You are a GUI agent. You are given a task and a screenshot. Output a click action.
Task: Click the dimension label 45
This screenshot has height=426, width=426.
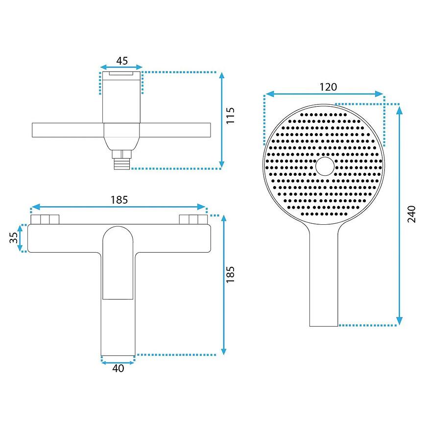(x=122, y=61)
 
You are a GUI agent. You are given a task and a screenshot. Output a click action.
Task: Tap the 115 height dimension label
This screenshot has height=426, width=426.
(x=230, y=116)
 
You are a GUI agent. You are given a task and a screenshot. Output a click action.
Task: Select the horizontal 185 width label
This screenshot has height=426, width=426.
(x=119, y=200)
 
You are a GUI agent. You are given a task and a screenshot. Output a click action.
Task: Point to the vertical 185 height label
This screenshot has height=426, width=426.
(x=230, y=274)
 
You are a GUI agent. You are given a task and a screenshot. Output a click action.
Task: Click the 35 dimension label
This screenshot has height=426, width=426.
(x=14, y=237)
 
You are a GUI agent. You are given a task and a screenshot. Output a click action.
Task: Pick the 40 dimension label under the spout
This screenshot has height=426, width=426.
(x=118, y=368)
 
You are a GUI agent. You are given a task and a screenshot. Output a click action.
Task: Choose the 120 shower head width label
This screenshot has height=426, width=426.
(x=328, y=87)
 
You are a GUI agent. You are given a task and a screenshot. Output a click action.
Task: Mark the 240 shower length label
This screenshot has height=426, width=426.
(x=412, y=214)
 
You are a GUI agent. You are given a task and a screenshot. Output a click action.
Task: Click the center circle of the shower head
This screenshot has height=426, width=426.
(x=325, y=166)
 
